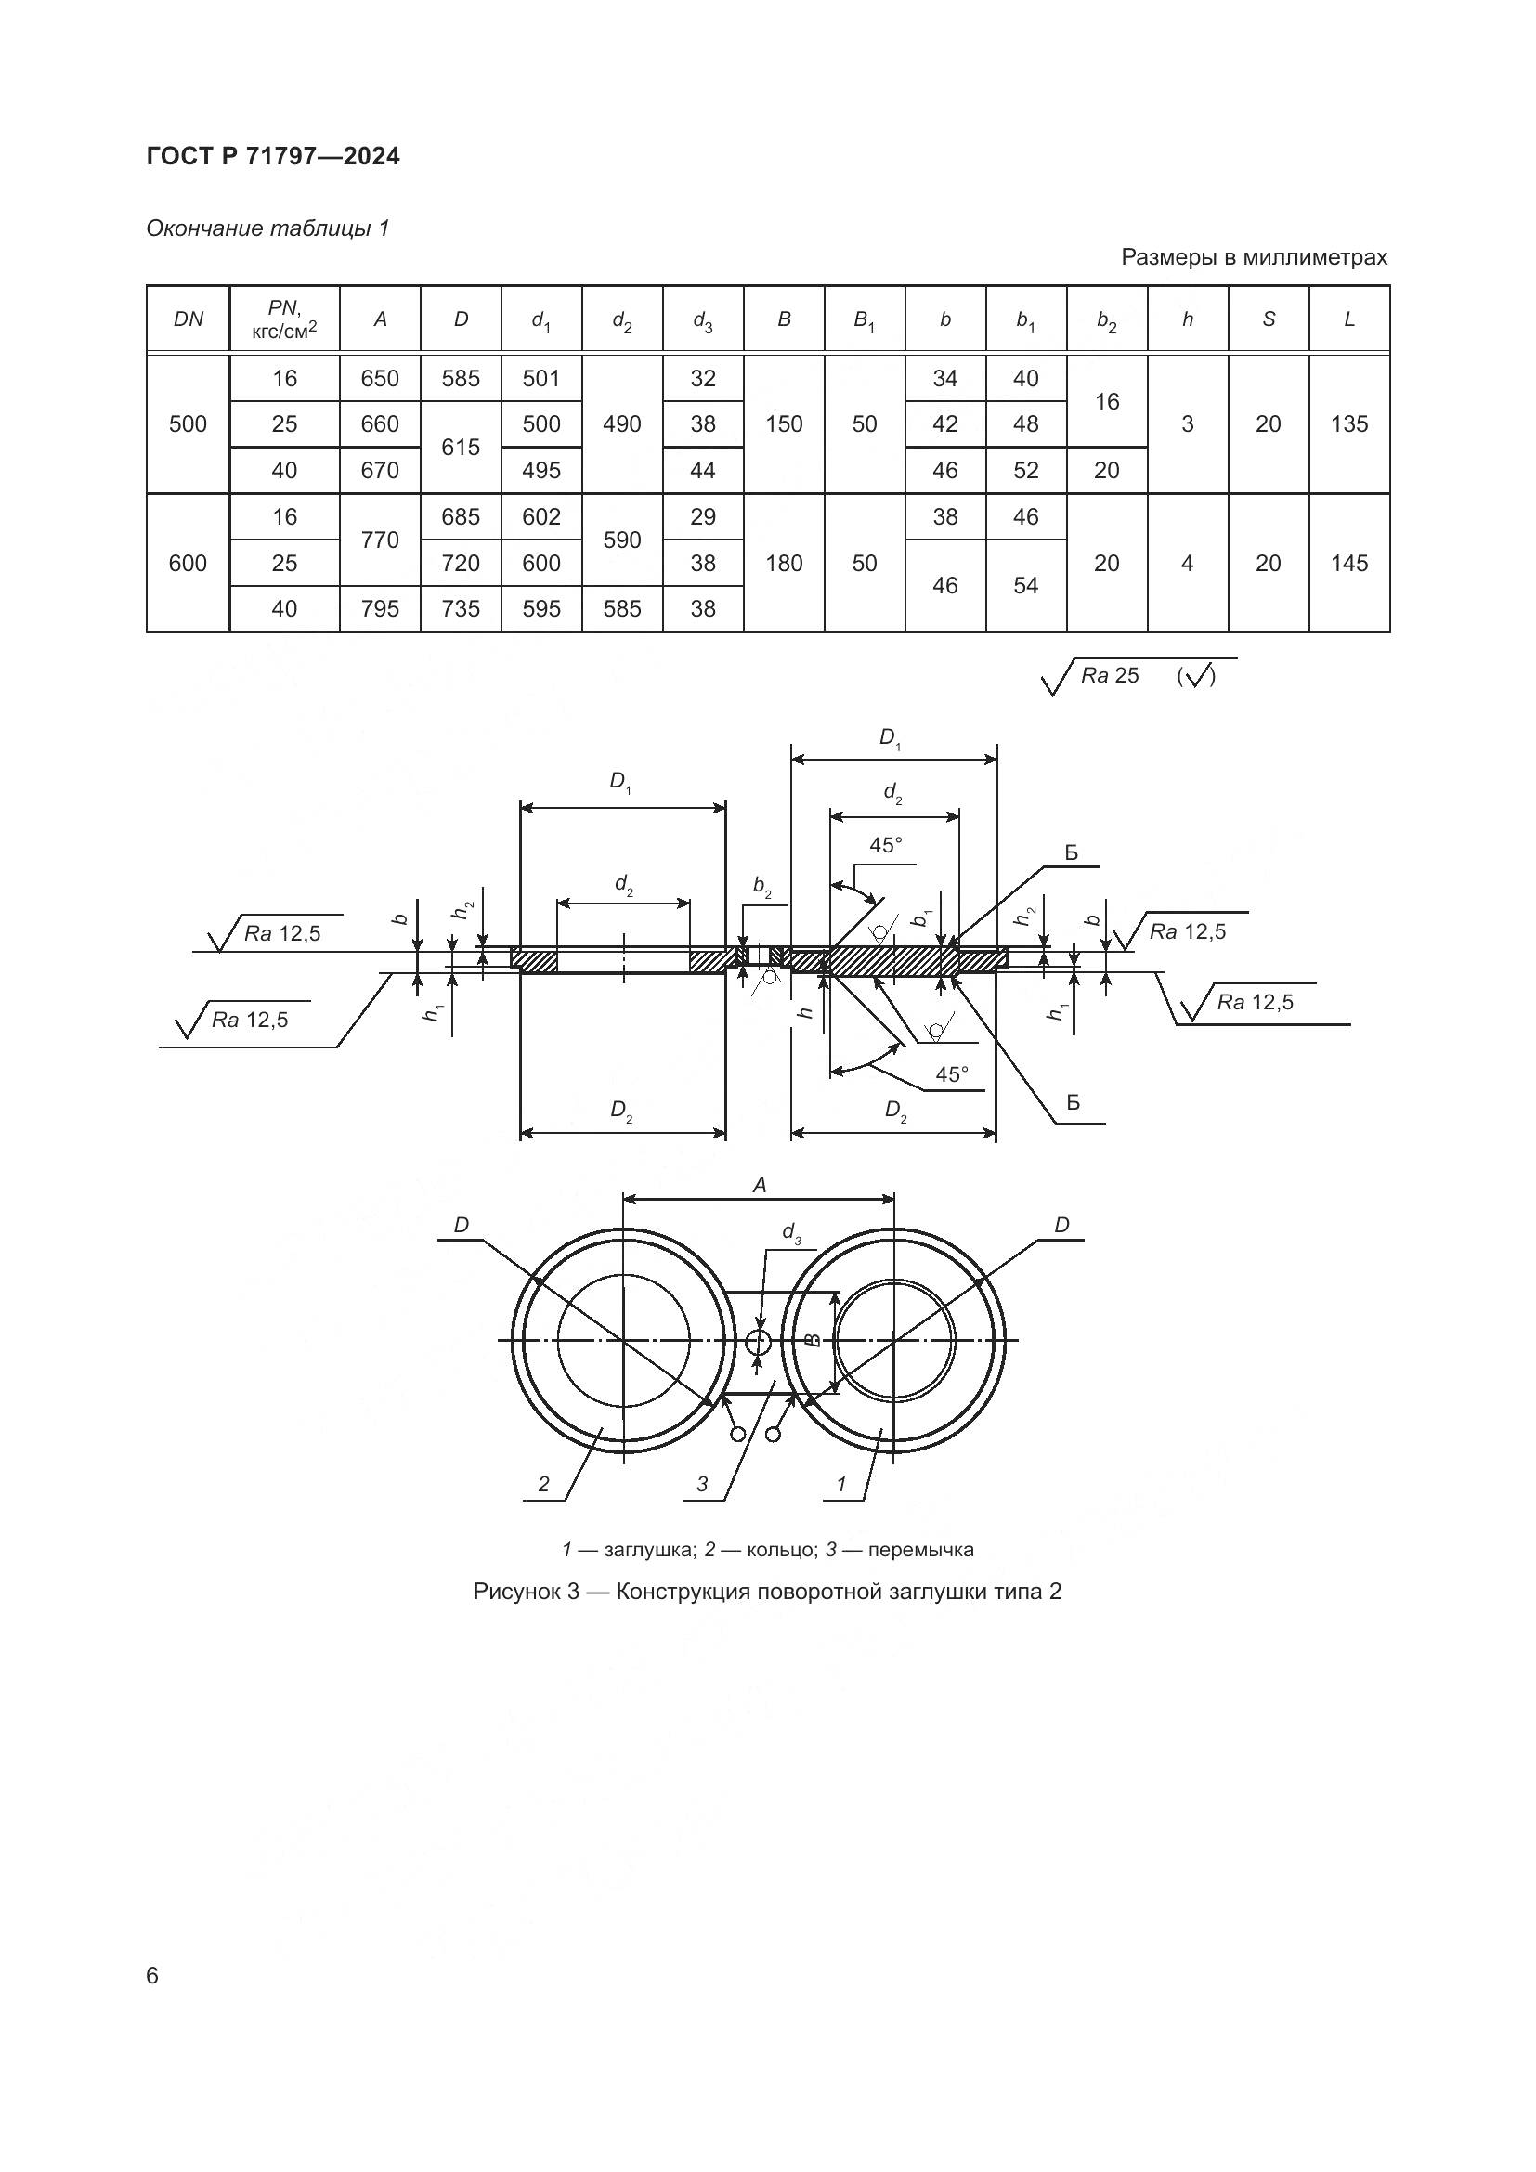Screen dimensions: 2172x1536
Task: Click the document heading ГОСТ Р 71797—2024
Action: (273, 157)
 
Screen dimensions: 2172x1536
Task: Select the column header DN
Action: (189, 319)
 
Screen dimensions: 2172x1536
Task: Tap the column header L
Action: (1348, 319)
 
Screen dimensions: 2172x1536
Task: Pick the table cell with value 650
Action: (380, 378)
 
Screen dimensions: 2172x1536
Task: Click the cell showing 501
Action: (541, 378)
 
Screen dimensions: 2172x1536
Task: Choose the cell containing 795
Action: (380, 609)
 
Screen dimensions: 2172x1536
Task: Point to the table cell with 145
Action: (1348, 564)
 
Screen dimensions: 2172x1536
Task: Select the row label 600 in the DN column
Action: (189, 564)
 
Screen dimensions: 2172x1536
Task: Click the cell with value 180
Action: (784, 564)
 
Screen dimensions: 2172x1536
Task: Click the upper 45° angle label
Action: (886, 845)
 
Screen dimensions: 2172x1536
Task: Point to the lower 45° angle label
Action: (953, 1074)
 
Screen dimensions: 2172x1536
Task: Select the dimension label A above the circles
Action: (759, 1185)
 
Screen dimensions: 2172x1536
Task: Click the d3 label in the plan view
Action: (791, 1232)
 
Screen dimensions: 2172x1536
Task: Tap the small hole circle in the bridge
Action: (759, 1341)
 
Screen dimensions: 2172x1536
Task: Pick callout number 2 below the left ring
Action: (543, 1484)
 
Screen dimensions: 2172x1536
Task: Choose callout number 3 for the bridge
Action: (702, 1484)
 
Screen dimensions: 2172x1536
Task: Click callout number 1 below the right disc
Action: (841, 1484)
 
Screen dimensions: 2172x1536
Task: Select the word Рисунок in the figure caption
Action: (516, 1593)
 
